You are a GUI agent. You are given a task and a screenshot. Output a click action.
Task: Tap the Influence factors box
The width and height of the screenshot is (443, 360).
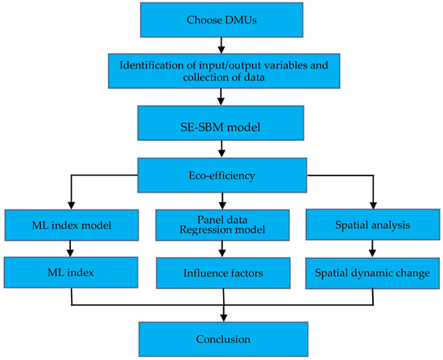point(221,272)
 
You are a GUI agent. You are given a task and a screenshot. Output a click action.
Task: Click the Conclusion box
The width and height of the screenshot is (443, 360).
point(221,338)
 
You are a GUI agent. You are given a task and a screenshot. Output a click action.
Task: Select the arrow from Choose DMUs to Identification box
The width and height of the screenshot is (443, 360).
point(221,43)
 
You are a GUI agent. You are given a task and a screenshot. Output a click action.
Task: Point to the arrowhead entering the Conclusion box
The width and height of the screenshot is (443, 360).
point(221,318)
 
